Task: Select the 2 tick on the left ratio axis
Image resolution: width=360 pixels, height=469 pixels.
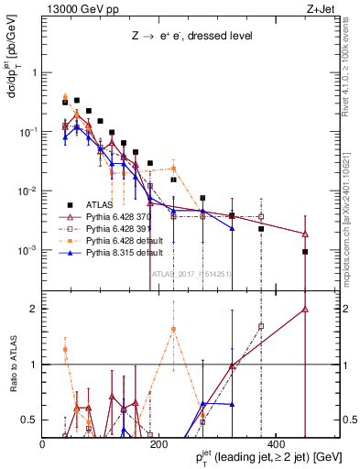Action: pos(35,309)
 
